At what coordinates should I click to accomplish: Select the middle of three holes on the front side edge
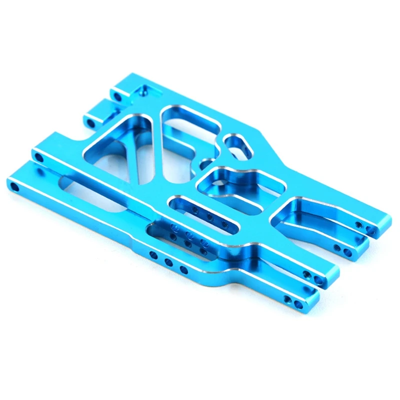tap(168, 262)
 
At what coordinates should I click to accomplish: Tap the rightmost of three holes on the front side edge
tap(183, 270)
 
